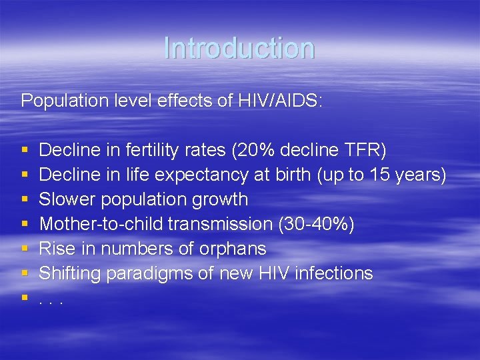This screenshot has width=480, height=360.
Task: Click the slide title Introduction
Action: (x=239, y=48)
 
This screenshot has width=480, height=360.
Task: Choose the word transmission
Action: (x=219, y=224)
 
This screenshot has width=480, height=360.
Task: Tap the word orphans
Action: (x=233, y=249)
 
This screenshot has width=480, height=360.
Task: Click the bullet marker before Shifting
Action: (x=25, y=273)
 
